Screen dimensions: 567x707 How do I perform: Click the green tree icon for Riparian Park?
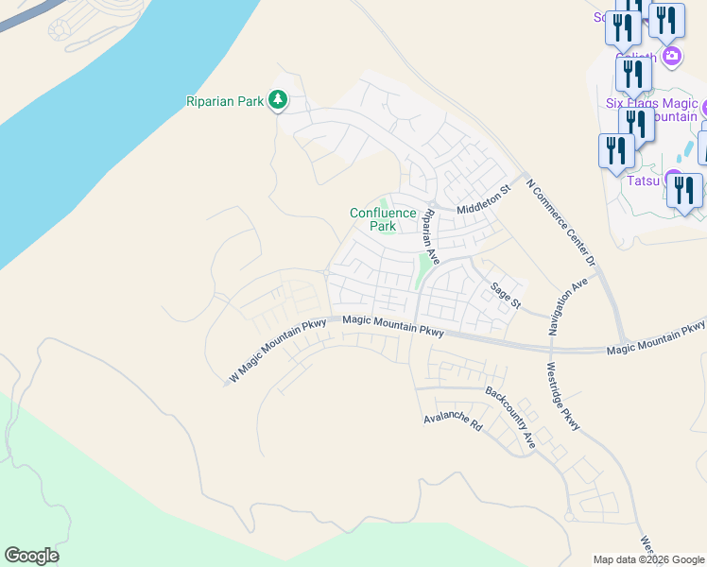click(x=278, y=99)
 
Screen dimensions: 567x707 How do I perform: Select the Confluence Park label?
click(x=383, y=219)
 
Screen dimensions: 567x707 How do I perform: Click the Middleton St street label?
click(x=483, y=200)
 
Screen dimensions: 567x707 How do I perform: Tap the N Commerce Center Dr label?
click(x=562, y=223)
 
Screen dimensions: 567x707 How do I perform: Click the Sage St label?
click(x=505, y=293)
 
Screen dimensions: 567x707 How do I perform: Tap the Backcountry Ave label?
click(x=510, y=416)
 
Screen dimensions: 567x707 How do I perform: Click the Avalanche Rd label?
click(x=453, y=421)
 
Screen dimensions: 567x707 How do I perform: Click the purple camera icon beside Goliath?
click(x=672, y=56)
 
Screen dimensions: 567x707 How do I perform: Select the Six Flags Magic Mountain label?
click(x=651, y=110)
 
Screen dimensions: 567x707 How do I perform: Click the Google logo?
click(x=31, y=556)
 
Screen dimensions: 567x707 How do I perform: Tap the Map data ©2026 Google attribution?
click(x=647, y=559)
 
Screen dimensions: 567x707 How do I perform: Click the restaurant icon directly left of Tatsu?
click(x=616, y=151)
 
